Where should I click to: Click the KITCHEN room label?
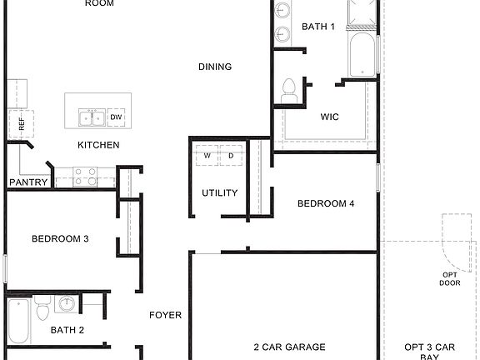point(98,145)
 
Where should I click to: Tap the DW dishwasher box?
point(117,117)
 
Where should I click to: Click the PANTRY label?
point(28,182)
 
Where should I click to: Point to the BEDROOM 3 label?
point(60,239)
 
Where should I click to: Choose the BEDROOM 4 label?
point(326,203)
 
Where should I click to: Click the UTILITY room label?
point(220,193)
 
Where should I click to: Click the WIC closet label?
point(330,117)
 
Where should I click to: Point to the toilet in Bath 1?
point(289,91)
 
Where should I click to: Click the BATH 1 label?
point(318,27)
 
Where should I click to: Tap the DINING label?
point(214,67)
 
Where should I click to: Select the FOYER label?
point(165,315)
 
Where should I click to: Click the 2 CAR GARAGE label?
point(289,347)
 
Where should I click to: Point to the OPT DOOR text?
point(450,278)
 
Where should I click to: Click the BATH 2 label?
point(67,330)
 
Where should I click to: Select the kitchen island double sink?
point(91,117)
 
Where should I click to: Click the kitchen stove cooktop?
point(83,176)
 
